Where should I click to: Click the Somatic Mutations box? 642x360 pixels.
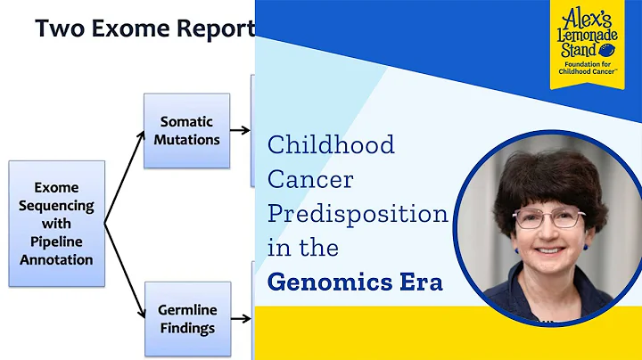(x=186, y=130)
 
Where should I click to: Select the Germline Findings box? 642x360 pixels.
(x=187, y=319)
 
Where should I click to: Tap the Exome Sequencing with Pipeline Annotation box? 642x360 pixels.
(x=57, y=224)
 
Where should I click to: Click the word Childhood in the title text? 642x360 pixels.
(x=331, y=144)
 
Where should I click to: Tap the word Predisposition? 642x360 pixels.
(x=358, y=214)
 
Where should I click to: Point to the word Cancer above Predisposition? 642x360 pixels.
(x=310, y=179)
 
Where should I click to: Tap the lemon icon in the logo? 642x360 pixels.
(x=610, y=50)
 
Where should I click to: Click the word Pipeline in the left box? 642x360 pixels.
(x=57, y=242)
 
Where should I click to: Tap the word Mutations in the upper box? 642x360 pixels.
(x=186, y=140)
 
